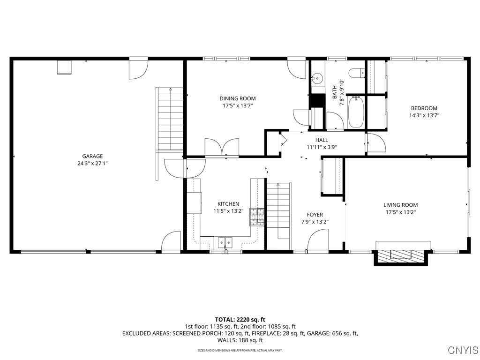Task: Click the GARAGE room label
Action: click(92, 156)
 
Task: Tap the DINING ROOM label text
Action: click(238, 98)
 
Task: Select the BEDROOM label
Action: click(424, 108)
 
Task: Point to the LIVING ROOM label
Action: click(400, 205)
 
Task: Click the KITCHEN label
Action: click(228, 204)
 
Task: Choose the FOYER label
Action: click(315, 215)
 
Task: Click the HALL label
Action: click(322, 140)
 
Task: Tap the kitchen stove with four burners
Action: click(257, 217)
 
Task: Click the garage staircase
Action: click(170, 119)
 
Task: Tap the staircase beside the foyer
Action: click(279, 211)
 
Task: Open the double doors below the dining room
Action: click(222, 147)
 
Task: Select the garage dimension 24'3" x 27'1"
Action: click(92, 163)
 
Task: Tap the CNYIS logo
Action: click(463, 350)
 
